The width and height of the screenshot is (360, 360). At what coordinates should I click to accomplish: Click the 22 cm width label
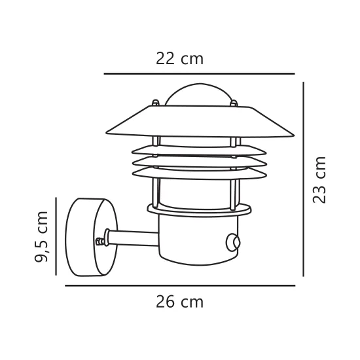tap(179, 59)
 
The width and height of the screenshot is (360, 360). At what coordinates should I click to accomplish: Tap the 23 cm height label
tap(319, 179)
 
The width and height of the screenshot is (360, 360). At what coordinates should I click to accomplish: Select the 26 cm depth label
tap(179, 302)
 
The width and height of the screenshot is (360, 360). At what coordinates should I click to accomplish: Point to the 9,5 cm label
tap(42, 236)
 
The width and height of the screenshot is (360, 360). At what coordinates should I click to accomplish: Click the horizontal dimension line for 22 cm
tap(199, 74)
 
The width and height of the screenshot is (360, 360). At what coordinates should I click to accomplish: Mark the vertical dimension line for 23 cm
tap(303, 178)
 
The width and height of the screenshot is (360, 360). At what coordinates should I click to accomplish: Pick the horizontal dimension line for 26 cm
tap(179, 286)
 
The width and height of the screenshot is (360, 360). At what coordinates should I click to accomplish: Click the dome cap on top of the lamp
tap(199, 93)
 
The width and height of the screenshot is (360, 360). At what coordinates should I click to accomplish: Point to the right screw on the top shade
tap(232, 103)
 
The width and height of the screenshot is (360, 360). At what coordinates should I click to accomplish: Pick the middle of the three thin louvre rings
tap(199, 160)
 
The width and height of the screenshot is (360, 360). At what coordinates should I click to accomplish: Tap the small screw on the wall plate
tap(100, 242)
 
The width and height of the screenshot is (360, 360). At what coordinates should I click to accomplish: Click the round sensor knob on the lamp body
tap(233, 243)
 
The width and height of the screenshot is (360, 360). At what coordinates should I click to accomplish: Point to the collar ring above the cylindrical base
tap(199, 209)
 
